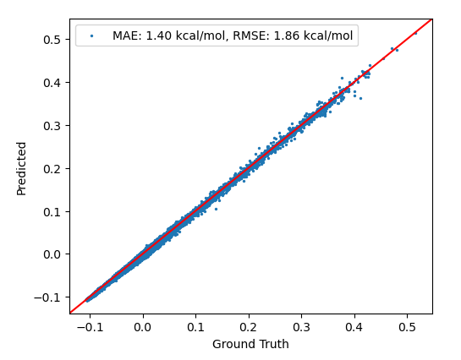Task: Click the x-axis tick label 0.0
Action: pyautogui.click(x=143, y=326)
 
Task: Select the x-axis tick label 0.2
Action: pyautogui.click(x=248, y=326)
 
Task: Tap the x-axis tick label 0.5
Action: pyautogui.click(x=406, y=326)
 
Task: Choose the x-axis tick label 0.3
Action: pyautogui.click(x=301, y=326)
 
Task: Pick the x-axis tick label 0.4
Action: pyautogui.click(x=354, y=326)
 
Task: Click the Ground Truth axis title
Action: pyautogui.click(x=250, y=344)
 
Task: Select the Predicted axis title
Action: pyautogui.click(x=22, y=168)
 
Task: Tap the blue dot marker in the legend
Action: pyautogui.click(x=91, y=35)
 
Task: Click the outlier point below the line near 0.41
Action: pyautogui.click(x=359, y=98)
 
